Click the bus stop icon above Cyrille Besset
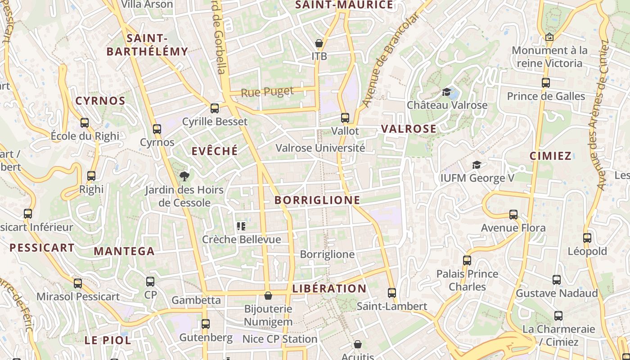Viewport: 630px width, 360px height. click(x=215, y=108)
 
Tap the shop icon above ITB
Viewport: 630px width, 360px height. click(x=319, y=44)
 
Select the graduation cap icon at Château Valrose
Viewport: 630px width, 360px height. click(x=447, y=92)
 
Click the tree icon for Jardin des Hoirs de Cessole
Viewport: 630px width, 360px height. click(x=184, y=176)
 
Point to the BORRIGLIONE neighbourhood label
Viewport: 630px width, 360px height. click(x=317, y=200)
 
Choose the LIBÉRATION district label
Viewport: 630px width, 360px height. click(x=329, y=288)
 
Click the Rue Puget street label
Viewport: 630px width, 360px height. click(x=267, y=92)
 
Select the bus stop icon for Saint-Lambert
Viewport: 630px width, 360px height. click(x=392, y=293)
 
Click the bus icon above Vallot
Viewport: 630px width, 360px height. click(x=345, y=118)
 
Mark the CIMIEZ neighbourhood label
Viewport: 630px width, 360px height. click(x=550, y=156)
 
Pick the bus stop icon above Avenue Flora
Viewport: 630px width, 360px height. click(x=513, y=215)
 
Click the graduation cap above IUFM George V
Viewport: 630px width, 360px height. click(x=477, y=165)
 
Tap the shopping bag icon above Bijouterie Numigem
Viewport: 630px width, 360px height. click(x=268, y=296)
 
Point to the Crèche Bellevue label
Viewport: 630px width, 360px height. click(x=241, y=239)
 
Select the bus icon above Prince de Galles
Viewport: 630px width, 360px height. click(x=546, y=83)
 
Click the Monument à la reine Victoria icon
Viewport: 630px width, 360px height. click(x=549, y=37)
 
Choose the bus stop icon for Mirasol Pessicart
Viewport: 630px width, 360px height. click(x=78, y=283)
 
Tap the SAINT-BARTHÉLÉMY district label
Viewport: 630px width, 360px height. click(x=147, y=45)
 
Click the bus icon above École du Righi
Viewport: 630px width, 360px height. click(x=85, y=123)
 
